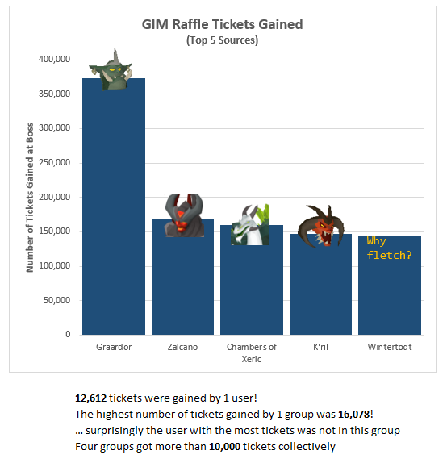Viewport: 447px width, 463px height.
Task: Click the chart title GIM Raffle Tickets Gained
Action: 222,24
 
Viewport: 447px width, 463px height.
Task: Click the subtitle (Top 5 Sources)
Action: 222,40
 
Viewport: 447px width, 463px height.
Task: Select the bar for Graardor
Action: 114,210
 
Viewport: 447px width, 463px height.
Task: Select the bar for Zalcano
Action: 183,282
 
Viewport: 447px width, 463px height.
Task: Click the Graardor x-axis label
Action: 114,348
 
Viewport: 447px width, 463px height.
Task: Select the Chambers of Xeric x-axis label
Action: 252,352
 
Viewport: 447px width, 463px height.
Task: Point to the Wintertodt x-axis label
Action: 389,348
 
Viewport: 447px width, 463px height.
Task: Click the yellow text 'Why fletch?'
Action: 387,248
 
